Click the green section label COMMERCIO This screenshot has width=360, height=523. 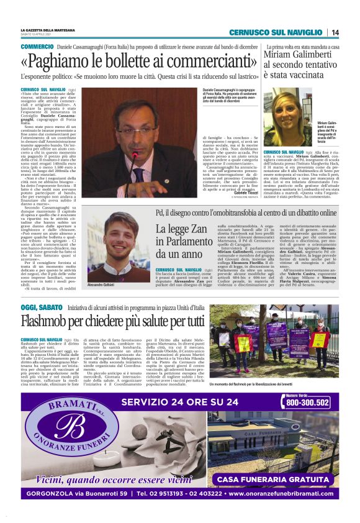[x=37, y=47]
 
